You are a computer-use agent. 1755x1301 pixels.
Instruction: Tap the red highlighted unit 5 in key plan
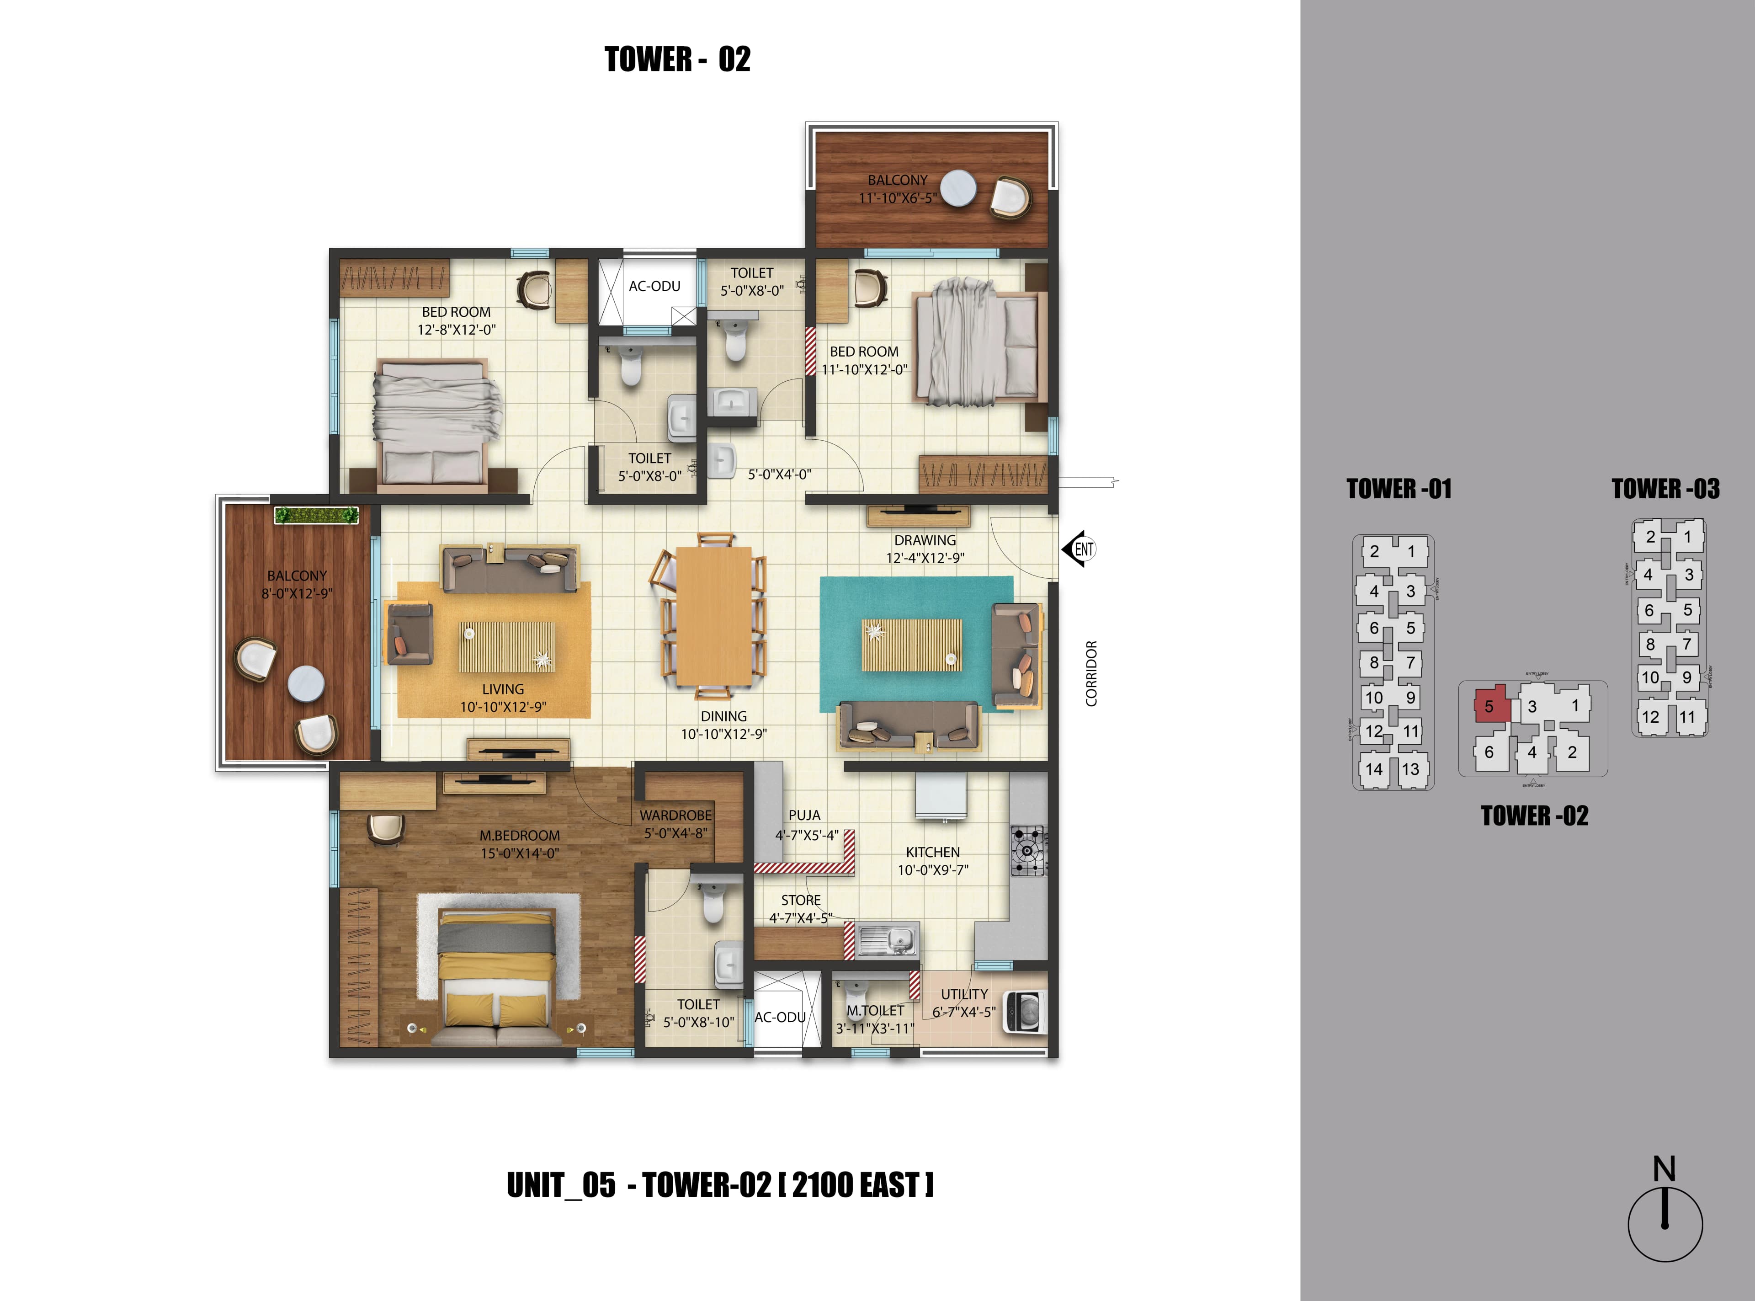point(1489,706)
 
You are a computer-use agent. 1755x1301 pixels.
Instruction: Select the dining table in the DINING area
point(714,616)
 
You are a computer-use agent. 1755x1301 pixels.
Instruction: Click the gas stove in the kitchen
point(1028,851)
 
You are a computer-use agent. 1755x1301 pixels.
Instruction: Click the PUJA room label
point(804,815)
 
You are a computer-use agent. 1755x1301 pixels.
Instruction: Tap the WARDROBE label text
point(675,815)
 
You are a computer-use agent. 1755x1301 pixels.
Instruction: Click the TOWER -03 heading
point(1665,489)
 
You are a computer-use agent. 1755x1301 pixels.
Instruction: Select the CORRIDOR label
point(1091,673)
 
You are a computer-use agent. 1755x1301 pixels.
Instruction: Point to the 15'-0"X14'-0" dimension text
point(520,853)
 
